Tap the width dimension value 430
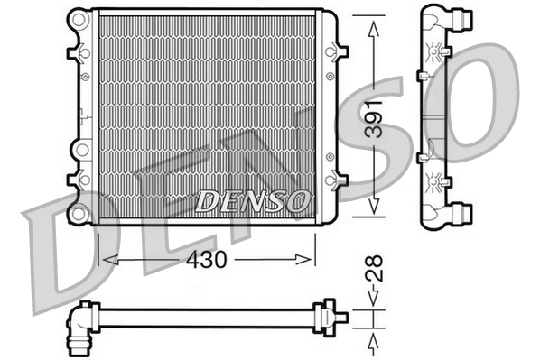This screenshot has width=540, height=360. point(207,258)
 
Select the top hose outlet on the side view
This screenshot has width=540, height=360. point(465,15)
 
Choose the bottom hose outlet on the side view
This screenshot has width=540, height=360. point(465,213)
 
